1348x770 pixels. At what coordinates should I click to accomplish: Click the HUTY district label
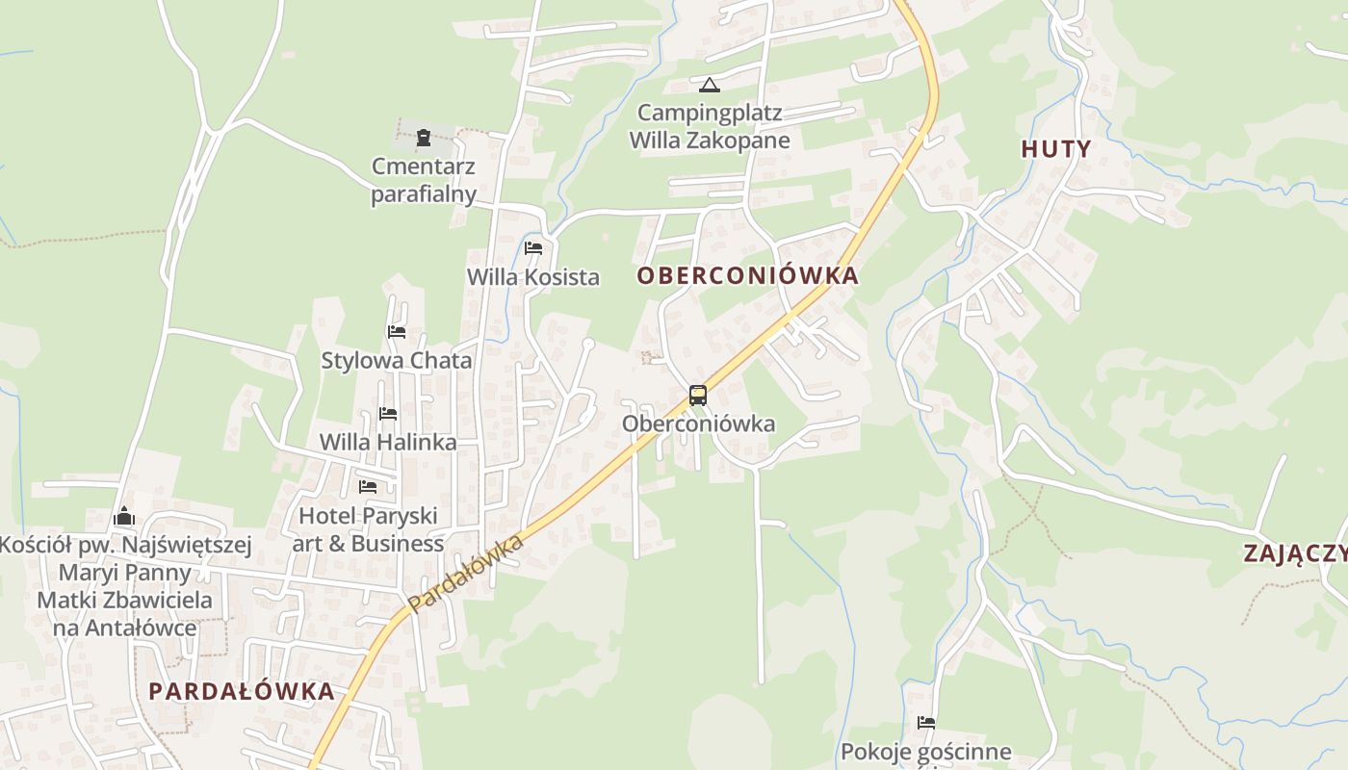tap(1056, 149)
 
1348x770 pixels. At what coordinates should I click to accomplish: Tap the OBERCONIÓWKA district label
tap(747, 276)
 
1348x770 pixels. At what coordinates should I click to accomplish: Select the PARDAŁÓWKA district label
tap(242, 691)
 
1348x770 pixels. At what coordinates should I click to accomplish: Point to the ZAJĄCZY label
tap(1295, 553)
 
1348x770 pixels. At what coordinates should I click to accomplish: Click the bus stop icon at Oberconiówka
tap(698, 396)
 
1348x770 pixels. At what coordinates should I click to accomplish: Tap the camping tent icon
tap(710, 86)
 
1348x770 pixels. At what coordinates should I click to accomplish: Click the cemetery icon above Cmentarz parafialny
tap(424, 139)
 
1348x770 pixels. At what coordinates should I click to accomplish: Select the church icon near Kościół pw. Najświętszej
tap(124, 518)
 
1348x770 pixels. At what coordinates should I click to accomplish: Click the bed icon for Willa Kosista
tap(533, 248)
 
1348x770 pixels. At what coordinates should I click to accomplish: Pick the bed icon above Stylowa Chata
tap(397, 332)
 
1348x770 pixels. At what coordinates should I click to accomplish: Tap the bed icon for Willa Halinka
tap(388, 414)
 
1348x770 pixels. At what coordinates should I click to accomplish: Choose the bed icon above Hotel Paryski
tap(368, 487)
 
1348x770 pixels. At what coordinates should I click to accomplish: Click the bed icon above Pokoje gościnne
tap(926, 723)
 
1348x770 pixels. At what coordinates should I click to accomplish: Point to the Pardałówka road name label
tap(466, 574)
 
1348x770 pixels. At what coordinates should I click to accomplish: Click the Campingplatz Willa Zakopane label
tap(710, 126)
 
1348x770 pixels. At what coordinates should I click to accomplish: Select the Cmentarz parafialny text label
tap(424, 180)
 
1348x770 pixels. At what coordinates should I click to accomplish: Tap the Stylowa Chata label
tap(397, 361)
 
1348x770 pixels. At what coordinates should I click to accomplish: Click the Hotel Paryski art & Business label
tap(368, 529)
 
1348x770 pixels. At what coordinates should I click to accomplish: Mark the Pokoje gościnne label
tap(926, 752)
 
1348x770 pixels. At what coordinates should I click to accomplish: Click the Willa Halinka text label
tap(388, 443)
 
